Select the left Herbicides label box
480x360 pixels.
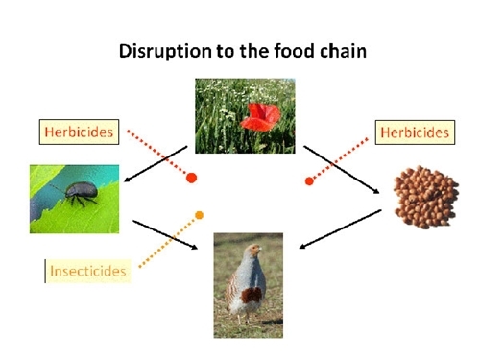(x=80, y=132)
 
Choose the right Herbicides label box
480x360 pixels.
(x=414, y=132)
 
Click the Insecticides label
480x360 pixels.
(x=88, y=272)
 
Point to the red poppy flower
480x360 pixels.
(x=260, y=118)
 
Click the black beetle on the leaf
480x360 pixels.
(x=79, y=191)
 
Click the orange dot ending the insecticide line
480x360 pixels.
(x=200, y=214)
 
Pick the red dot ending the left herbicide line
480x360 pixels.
(x=191, y=178)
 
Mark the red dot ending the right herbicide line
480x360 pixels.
(x=309, y=180)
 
